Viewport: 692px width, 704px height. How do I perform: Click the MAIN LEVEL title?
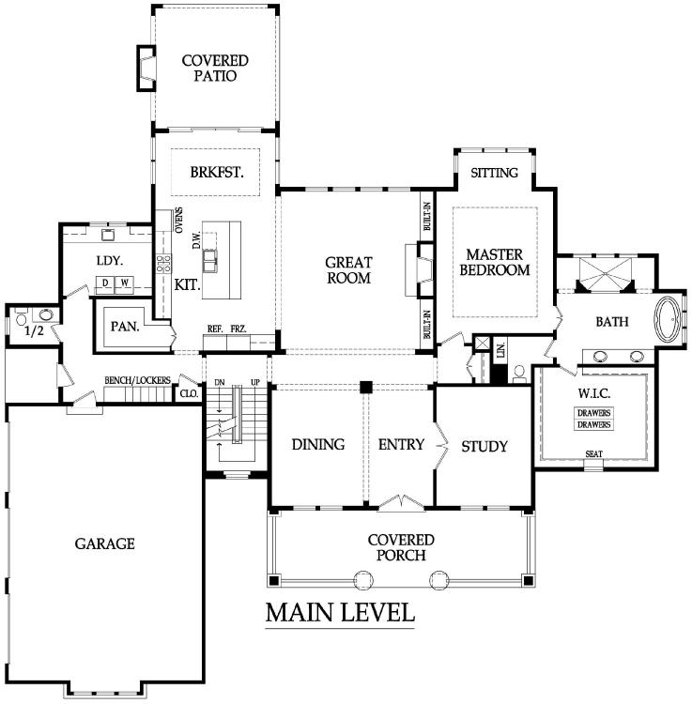point(340,612)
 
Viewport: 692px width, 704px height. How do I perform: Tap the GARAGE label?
point(104,543)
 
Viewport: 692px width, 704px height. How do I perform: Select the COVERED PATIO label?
point(215,68)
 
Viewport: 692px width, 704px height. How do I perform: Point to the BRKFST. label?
point(217,172)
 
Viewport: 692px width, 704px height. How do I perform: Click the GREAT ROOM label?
point(349,269)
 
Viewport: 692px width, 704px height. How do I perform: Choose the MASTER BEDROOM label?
point(495,262)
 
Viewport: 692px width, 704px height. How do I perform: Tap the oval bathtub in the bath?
point(669,320)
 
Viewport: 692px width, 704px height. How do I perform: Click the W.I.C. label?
point(593,393)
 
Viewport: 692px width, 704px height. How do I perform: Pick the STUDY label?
point(484,446)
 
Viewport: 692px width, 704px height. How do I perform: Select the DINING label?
point(318,445)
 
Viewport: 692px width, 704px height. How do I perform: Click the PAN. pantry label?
point(125,327)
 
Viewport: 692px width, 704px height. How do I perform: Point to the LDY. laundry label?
point(110,260)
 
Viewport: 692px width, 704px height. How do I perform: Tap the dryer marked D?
point(105,283)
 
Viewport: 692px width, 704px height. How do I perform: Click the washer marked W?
point(124,283)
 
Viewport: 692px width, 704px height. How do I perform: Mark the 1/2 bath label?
point(34,331)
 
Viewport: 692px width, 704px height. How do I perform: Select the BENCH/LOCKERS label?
point(137,380)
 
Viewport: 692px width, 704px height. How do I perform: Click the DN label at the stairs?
point(220,383)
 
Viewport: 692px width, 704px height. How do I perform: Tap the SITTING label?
point(495,173)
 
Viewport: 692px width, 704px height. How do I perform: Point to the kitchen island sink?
point(209,261)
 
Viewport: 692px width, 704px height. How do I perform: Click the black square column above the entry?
point(366,387)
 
